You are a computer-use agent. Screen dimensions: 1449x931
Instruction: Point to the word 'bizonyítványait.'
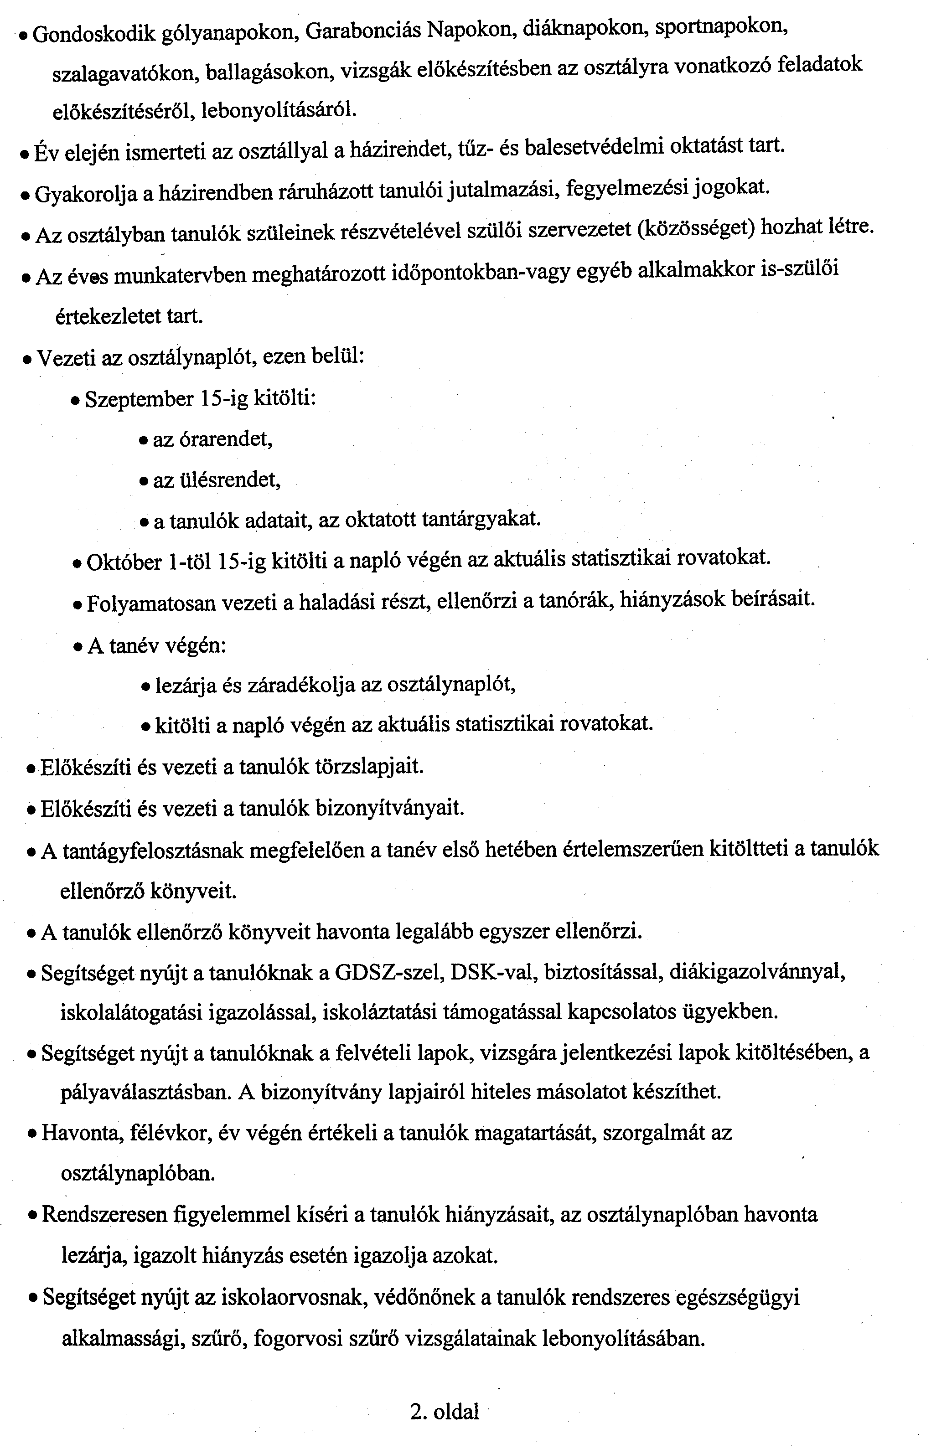pyautogui.click(x=391, y=808)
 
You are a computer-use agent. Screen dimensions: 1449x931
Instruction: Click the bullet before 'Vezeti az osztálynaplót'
pyautogui.click(x=27, y=359)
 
